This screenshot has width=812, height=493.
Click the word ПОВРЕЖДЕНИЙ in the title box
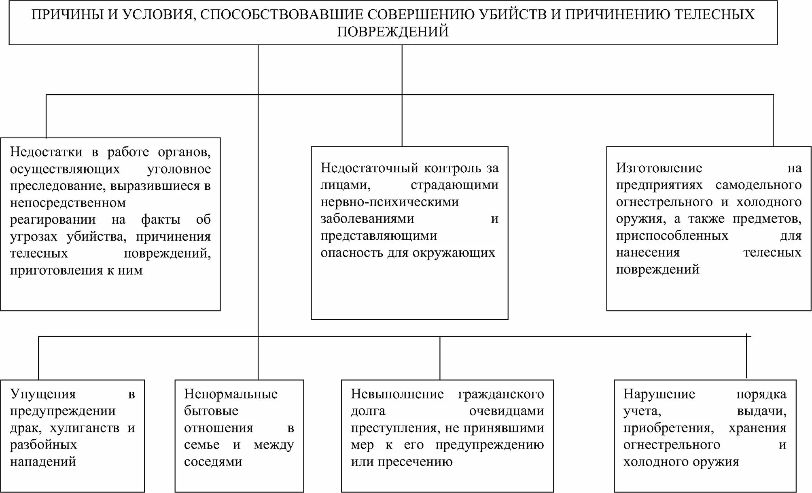pos(393,32)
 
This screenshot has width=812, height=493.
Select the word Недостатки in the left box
pos(46,152)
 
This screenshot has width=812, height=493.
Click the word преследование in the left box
pos(58,186)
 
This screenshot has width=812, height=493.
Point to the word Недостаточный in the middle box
pos(369,168)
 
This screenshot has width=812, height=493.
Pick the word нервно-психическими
pos(390,202)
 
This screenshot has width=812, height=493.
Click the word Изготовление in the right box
pos(659,168)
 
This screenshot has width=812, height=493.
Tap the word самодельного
pos(759,185)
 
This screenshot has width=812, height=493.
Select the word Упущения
pos(43,394)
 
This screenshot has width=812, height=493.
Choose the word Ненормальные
pos(231,394)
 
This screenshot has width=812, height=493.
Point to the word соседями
pos(213,462)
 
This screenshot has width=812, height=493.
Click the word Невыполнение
pos(397,394)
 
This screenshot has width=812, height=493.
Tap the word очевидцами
pos(507,411)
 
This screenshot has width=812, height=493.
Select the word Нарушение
pos(659,394)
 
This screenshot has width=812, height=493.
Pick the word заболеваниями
pos(367,219)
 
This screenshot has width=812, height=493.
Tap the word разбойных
pos(43,445)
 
